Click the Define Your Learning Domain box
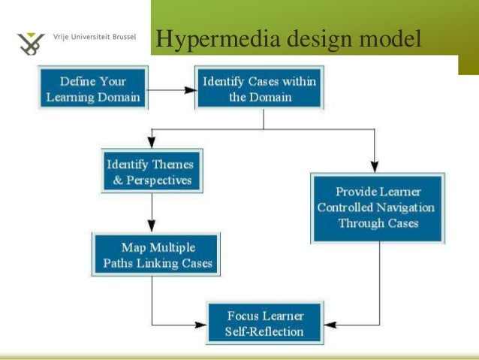[x=92, y=89]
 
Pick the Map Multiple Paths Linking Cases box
[x=157, y=255]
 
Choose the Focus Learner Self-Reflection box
[x=264, y=323]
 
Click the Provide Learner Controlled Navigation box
[x=378, y=207]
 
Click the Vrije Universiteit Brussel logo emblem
[x=31, y=44]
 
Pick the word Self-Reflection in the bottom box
[x=264, y=331]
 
